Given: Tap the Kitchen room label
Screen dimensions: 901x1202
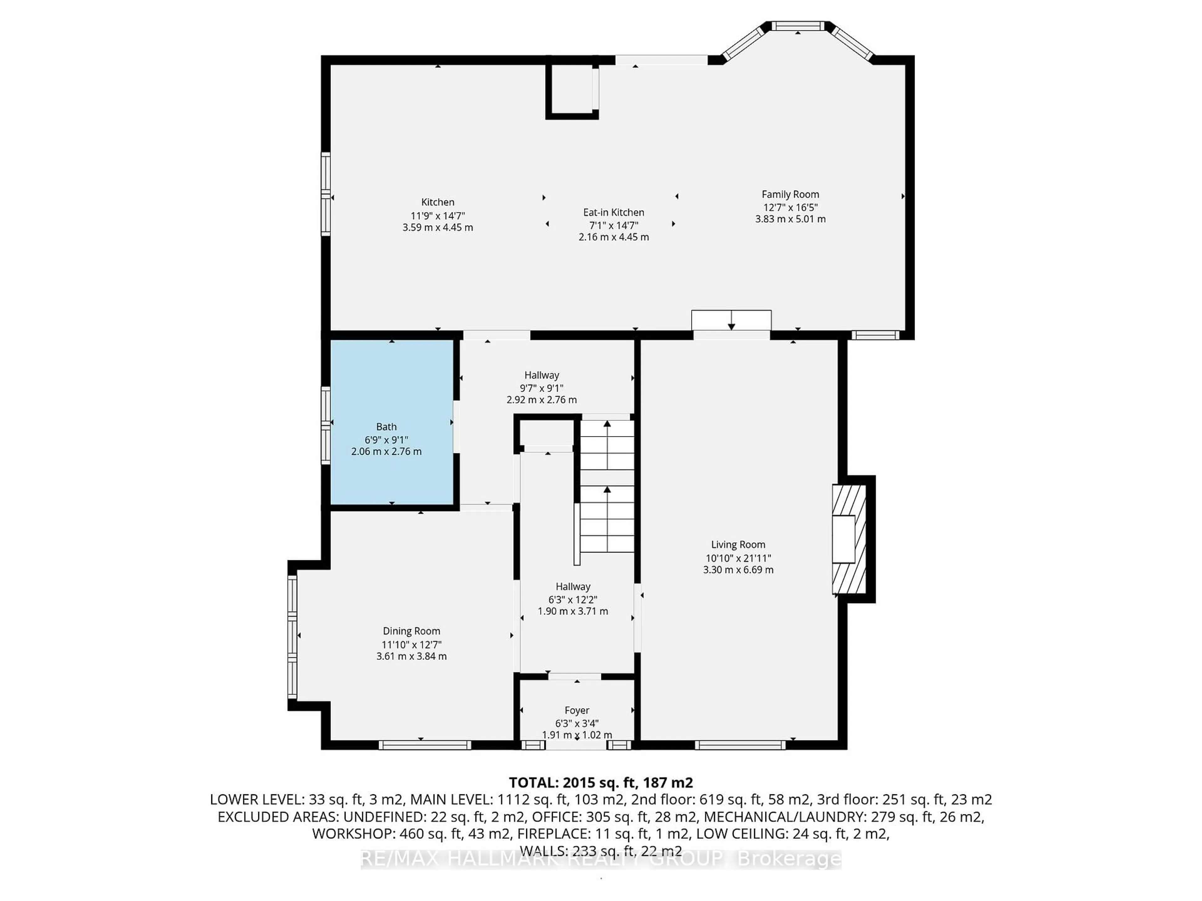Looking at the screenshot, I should (437, 202).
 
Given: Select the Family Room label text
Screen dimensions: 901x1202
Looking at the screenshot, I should (790, 194).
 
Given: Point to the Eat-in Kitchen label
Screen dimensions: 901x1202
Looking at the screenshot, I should (614, 212).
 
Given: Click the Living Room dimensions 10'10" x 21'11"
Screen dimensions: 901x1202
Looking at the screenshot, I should (738, 558).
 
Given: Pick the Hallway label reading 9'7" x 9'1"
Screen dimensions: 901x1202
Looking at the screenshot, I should (541, 387).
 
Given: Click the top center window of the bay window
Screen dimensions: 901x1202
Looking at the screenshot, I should (798, 26).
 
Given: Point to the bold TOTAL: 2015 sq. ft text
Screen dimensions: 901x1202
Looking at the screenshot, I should (600, 783).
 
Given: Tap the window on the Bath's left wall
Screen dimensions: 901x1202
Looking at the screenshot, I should (326, 425).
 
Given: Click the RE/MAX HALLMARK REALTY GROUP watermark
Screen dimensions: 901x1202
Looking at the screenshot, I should (600, 859).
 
